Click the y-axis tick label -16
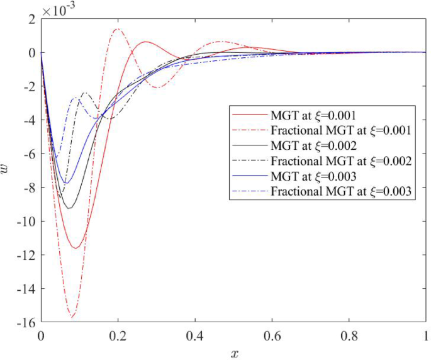point(26,322)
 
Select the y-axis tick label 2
point(31,19)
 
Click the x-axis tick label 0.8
point(349,335)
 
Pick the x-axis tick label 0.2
point(118,335)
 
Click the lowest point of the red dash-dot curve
point(72,317)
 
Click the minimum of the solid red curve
point(76,248)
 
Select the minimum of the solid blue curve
point(66,184)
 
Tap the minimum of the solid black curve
point(70,208)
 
